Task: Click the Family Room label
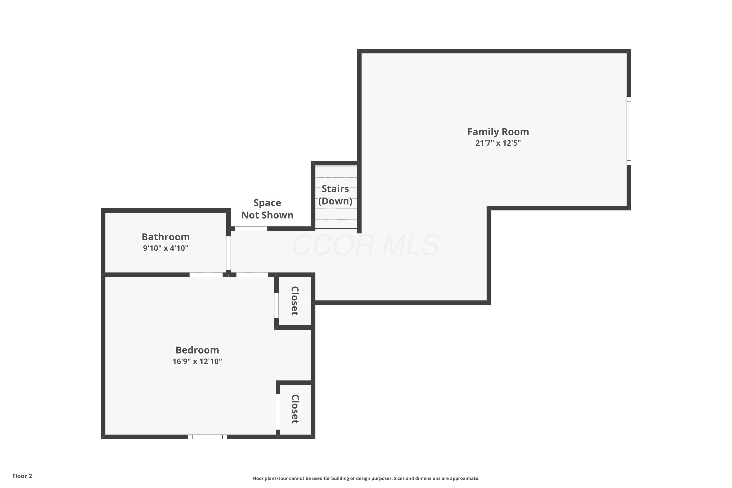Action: click(x=498, y=132)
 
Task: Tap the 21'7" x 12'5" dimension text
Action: click(x=498, y=143)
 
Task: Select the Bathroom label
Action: click(x=166, y=237)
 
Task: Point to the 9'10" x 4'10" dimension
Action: click(x=166, y=248)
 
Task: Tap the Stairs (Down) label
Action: click(x=335, y=195)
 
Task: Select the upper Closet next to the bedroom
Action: click(x=295, y=301)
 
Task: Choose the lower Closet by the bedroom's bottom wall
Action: click(x=295, y=409)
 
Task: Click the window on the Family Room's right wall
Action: click(x=629, y=131)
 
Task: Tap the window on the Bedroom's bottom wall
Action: click(x=207, y=437)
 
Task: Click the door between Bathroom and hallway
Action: click(x=228, y=253)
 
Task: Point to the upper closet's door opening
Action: click(x=276, y=305)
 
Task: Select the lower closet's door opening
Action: click(x=278, y=412)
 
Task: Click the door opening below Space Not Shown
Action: click(x=251, y=229)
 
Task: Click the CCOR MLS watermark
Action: click(x=366, y=245)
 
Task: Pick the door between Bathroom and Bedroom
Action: click(x=206, y=274)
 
